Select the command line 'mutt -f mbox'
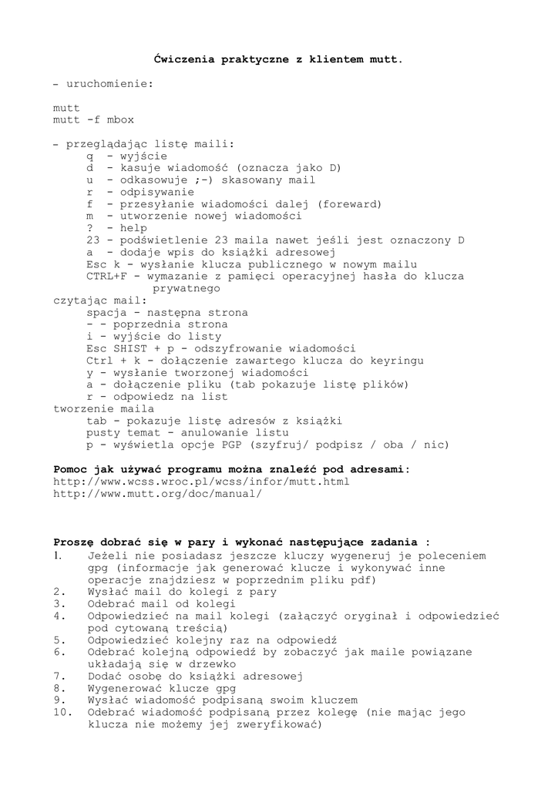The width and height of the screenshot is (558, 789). tap(93, 120)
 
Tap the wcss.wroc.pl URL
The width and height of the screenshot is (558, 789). tap(201, 481)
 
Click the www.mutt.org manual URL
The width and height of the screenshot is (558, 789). tap(157, 493)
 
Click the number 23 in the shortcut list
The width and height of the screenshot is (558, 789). tap(93, 240)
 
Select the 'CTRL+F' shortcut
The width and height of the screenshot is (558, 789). tap(106, 276)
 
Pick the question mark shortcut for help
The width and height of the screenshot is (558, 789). tap(89, 228)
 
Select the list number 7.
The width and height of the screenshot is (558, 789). tap(59, 676)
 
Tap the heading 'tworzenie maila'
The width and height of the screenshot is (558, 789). tap(103, 408)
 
